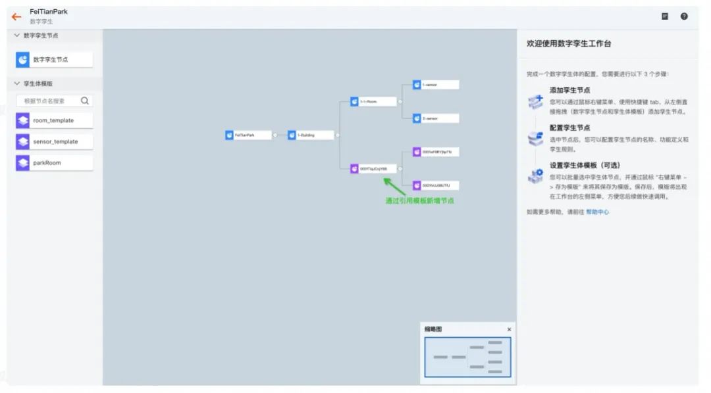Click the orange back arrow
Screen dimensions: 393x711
(16, 16)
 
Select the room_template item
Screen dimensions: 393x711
(54, 121)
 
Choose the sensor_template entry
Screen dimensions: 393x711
(54, 142)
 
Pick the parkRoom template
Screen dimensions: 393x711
(54, 163)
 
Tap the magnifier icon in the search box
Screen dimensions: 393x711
(85, 101)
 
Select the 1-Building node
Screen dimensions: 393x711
(310, 135)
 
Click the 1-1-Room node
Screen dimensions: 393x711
(373, 102)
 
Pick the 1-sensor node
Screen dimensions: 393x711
(435, 85)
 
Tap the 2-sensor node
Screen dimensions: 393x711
(435, 119)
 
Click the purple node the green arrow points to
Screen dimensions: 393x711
(373, 169)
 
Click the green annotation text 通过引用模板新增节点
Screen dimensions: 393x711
(419, 201)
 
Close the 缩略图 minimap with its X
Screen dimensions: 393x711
(509, 329)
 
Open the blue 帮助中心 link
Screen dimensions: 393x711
(597, 212)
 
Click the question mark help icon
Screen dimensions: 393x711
(684, 16)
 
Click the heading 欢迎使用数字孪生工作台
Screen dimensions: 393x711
(568, 44)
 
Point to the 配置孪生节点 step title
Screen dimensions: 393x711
(569, 127)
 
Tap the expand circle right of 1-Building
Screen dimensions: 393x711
(337, 135)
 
